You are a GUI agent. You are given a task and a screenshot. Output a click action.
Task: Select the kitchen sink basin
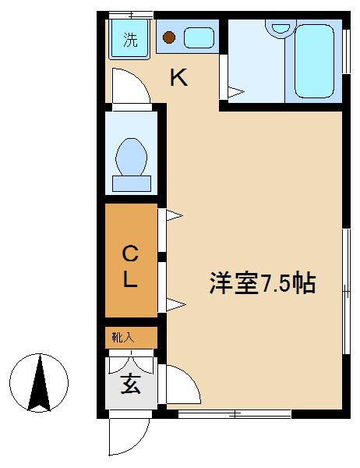pyautogui.click(x=199, y=37)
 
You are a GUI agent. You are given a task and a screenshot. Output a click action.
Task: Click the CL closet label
pyautogui.click(x=131, y=266)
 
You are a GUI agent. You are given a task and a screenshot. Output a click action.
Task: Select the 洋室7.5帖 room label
pyautogui.click(x=261, y=283)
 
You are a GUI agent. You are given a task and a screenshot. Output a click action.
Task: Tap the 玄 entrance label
pyautogui.click(x=130, y=384)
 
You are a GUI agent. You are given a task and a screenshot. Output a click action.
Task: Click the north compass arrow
pyautogui.click(x=41, y=382)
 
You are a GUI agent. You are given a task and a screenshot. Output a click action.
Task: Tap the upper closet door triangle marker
pyautogui.click(x=173, y=214)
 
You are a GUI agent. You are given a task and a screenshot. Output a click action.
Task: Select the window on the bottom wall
pyautogui.click(x=235, y=413)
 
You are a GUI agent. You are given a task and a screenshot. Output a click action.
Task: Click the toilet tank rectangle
pyautogui.click(x=132, y=183)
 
